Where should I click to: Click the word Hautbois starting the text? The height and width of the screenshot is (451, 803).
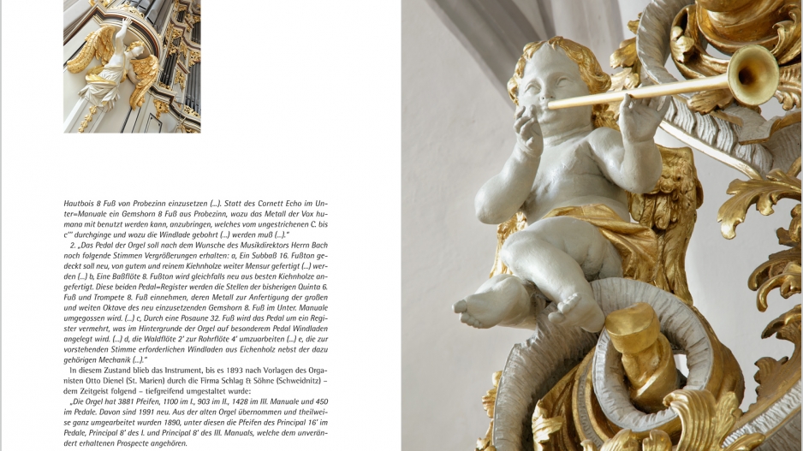click(x=78, y=204)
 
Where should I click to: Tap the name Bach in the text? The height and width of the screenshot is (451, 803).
click(x=318, y=245)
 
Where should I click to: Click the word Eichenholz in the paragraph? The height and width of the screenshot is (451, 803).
click(x=230, y=348)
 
